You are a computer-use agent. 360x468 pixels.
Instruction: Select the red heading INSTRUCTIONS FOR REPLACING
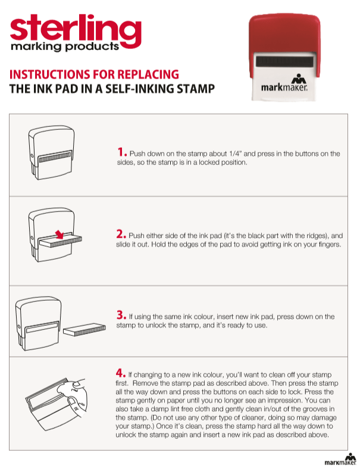94,74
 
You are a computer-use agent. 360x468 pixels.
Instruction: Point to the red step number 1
121,152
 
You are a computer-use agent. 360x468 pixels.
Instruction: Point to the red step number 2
121,234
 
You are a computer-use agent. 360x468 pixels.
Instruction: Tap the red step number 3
121,315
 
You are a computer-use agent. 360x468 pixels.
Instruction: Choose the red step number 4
121,374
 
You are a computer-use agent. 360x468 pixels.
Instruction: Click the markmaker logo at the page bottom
340,459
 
